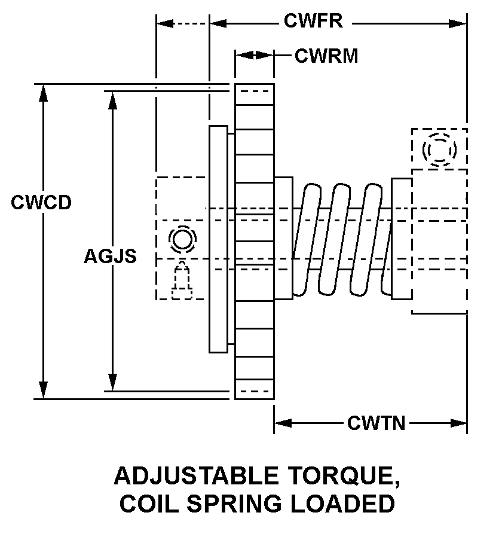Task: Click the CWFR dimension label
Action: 313,22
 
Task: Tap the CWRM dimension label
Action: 326,56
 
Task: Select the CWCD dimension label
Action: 41,202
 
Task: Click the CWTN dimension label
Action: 376,423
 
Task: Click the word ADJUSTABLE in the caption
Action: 195,476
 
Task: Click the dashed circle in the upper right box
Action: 439,150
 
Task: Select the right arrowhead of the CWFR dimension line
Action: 459,24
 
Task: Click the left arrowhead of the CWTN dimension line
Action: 281,423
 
